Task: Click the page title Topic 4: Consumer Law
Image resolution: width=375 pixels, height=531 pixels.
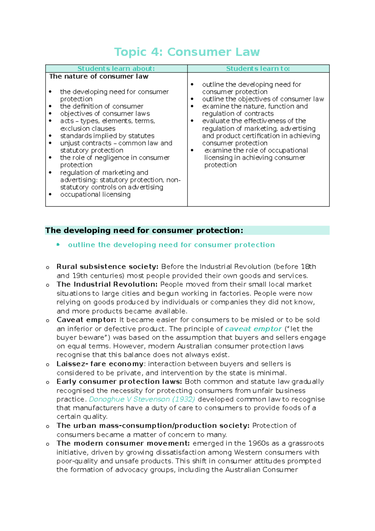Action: [187, 52]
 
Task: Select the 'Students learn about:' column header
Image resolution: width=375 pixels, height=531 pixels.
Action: [116, 69]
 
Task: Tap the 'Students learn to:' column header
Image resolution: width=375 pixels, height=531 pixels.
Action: [258, 69]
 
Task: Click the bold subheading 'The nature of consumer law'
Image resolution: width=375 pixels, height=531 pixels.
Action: [99, 76]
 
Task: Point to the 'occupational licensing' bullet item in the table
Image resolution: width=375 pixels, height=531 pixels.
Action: [95, 194]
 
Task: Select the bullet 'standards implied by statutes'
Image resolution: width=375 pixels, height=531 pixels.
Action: [107, 136]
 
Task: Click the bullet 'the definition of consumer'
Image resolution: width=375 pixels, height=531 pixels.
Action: [102, 106]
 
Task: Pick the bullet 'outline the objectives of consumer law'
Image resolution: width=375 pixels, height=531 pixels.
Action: [263, 99]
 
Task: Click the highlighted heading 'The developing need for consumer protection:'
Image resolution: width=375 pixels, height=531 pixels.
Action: [144, 230]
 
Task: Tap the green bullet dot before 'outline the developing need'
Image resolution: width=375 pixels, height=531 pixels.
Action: [58, 245]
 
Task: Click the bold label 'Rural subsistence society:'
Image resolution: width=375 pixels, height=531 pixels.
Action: [107, 267]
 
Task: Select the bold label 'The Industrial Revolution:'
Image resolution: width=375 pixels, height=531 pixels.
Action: [107, 284]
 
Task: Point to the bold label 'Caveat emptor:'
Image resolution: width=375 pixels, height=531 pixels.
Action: [86, 320]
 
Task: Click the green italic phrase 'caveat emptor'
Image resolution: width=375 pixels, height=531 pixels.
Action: [253, 329]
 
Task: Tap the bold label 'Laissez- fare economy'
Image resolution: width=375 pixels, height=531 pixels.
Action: [100, 364]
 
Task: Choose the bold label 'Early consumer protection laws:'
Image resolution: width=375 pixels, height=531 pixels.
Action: [119, 382]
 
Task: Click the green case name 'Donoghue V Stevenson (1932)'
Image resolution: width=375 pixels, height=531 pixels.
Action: [142, 399]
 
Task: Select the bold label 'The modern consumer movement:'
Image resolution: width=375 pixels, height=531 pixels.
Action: [123, 443]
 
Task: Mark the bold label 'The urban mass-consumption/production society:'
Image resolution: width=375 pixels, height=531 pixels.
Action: [152, 425]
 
